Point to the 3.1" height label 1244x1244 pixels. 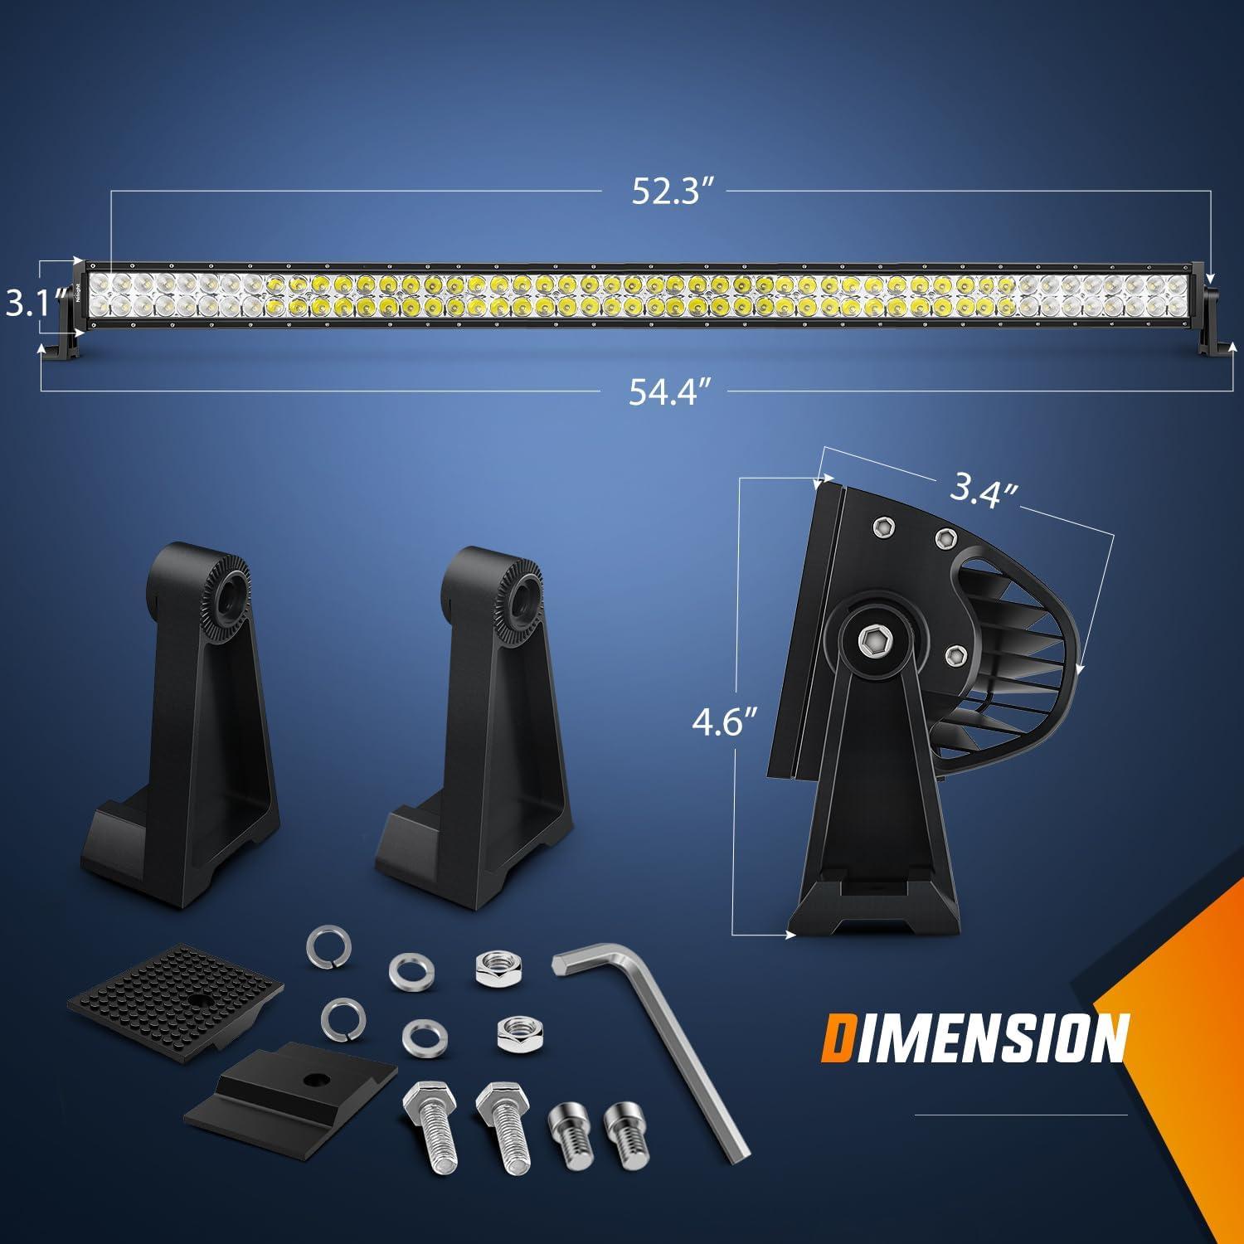point(26,303)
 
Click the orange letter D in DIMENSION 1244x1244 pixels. point(842,1038)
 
